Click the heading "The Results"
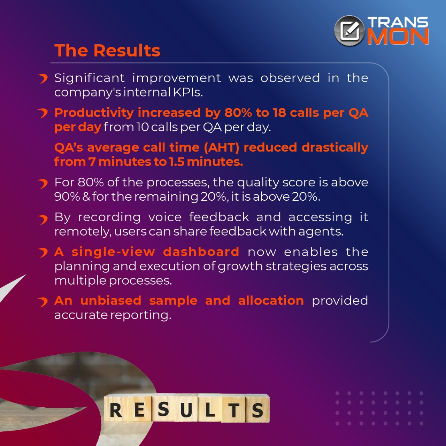107,50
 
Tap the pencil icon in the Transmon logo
350,31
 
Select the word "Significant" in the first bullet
90,78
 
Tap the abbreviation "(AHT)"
221,147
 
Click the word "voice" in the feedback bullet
165,217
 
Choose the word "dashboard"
201,252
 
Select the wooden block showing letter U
186,410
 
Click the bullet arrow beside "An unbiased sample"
43,302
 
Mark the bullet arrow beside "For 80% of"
43,184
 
